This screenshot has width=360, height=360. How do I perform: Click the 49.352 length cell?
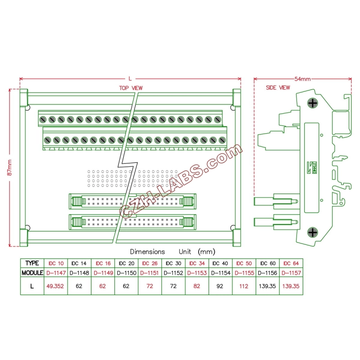click(x=55, y=286)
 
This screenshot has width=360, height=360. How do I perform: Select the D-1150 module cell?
click(x=126, y=273)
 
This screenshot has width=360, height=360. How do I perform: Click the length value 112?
click(x=244, y=286)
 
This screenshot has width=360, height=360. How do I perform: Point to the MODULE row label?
click(x=32, y=273)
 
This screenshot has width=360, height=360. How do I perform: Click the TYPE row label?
click(x=32, y=263)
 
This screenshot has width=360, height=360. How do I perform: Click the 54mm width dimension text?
click(x=302, y=79)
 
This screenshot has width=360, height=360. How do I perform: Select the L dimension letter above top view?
click(x=130, y=78)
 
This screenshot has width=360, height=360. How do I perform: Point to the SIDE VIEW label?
click(x=278, y=88)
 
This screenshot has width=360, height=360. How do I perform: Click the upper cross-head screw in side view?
click(x=312, y=103)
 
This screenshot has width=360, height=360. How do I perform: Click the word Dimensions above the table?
click(x=147, y=252)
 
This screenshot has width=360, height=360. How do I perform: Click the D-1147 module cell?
click(x=55, y=273)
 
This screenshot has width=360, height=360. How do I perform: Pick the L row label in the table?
click(x=32, y=286)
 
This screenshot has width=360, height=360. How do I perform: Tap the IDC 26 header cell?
click(x=150, y=263)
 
